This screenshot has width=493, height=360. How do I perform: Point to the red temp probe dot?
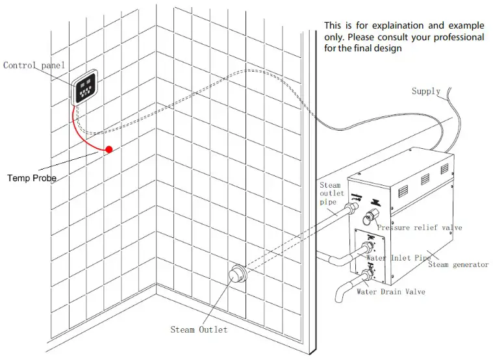pyautogui.click(x=109, y=149)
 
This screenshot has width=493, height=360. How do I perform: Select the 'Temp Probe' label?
pyautogui.click(x=32, y=177)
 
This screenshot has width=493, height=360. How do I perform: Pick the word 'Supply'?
pyautogui.click(x=426, y=92)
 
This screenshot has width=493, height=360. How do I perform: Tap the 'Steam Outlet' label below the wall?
pyautogui.click(x=199, y=329)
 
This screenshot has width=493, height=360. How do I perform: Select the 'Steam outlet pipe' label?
pyautogui.click(x=329, y=194)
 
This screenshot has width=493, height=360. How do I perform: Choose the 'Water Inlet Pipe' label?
pyautogui.click(x=398, y=259)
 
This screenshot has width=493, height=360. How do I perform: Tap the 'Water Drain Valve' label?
pyautogui.click(x=390, y=292)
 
